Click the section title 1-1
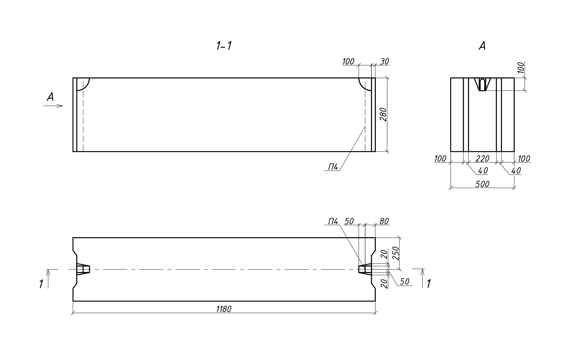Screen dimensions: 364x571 (224, 46)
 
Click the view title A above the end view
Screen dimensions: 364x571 (482, 46)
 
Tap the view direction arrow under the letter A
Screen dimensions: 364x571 (53, 106)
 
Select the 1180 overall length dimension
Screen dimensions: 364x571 (224, 309)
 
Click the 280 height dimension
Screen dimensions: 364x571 (384, 114)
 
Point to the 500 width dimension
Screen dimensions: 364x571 (482, 184)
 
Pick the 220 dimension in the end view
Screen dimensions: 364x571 (482, 158)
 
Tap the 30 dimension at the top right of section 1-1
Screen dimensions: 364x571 (384, 61)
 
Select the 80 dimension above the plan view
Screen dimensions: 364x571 (384, 221)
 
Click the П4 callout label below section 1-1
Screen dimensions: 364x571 (333, 167)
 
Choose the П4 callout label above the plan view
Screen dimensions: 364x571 (333, 221)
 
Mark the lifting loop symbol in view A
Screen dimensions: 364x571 (482, 84)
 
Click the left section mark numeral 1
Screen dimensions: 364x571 (41, 284)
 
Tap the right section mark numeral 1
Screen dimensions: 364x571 (429, 284)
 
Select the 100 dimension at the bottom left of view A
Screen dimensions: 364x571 (440, 158)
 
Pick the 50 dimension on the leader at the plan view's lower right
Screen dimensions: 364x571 (404, 281)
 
